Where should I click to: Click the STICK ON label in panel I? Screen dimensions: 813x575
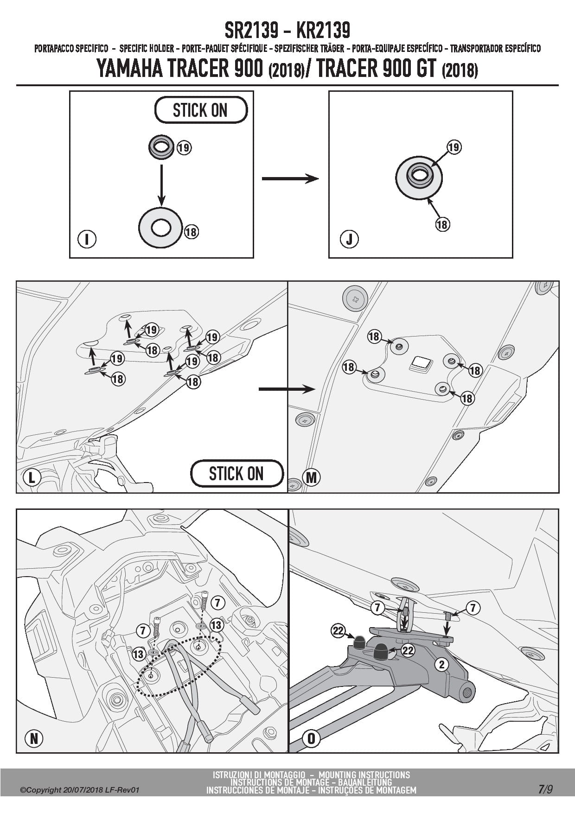coord(200,110)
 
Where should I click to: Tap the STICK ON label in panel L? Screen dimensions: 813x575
coord(236,474)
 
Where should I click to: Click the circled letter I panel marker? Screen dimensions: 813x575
coord(87,239)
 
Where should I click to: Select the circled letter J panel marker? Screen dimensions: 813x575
coord(349,239)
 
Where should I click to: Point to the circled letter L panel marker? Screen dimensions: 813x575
coord(32,477)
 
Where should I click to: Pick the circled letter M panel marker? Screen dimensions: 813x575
coord(311,477)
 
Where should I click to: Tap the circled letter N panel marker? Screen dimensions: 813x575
coord(34,738)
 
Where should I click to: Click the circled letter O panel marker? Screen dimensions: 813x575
coord(311,738)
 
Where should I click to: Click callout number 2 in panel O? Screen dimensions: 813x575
coord(442,665)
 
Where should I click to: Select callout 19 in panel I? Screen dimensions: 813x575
coord(184,148)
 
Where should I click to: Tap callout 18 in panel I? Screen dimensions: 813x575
coord(191,231)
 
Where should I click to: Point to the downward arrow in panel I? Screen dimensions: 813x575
coord(161,184)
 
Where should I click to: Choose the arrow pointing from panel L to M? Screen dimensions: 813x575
coord(287,389)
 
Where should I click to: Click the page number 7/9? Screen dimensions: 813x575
coord(545,789)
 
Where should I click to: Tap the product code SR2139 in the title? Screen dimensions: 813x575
coord(251,31)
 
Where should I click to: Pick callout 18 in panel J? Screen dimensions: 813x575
coord(442,224)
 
